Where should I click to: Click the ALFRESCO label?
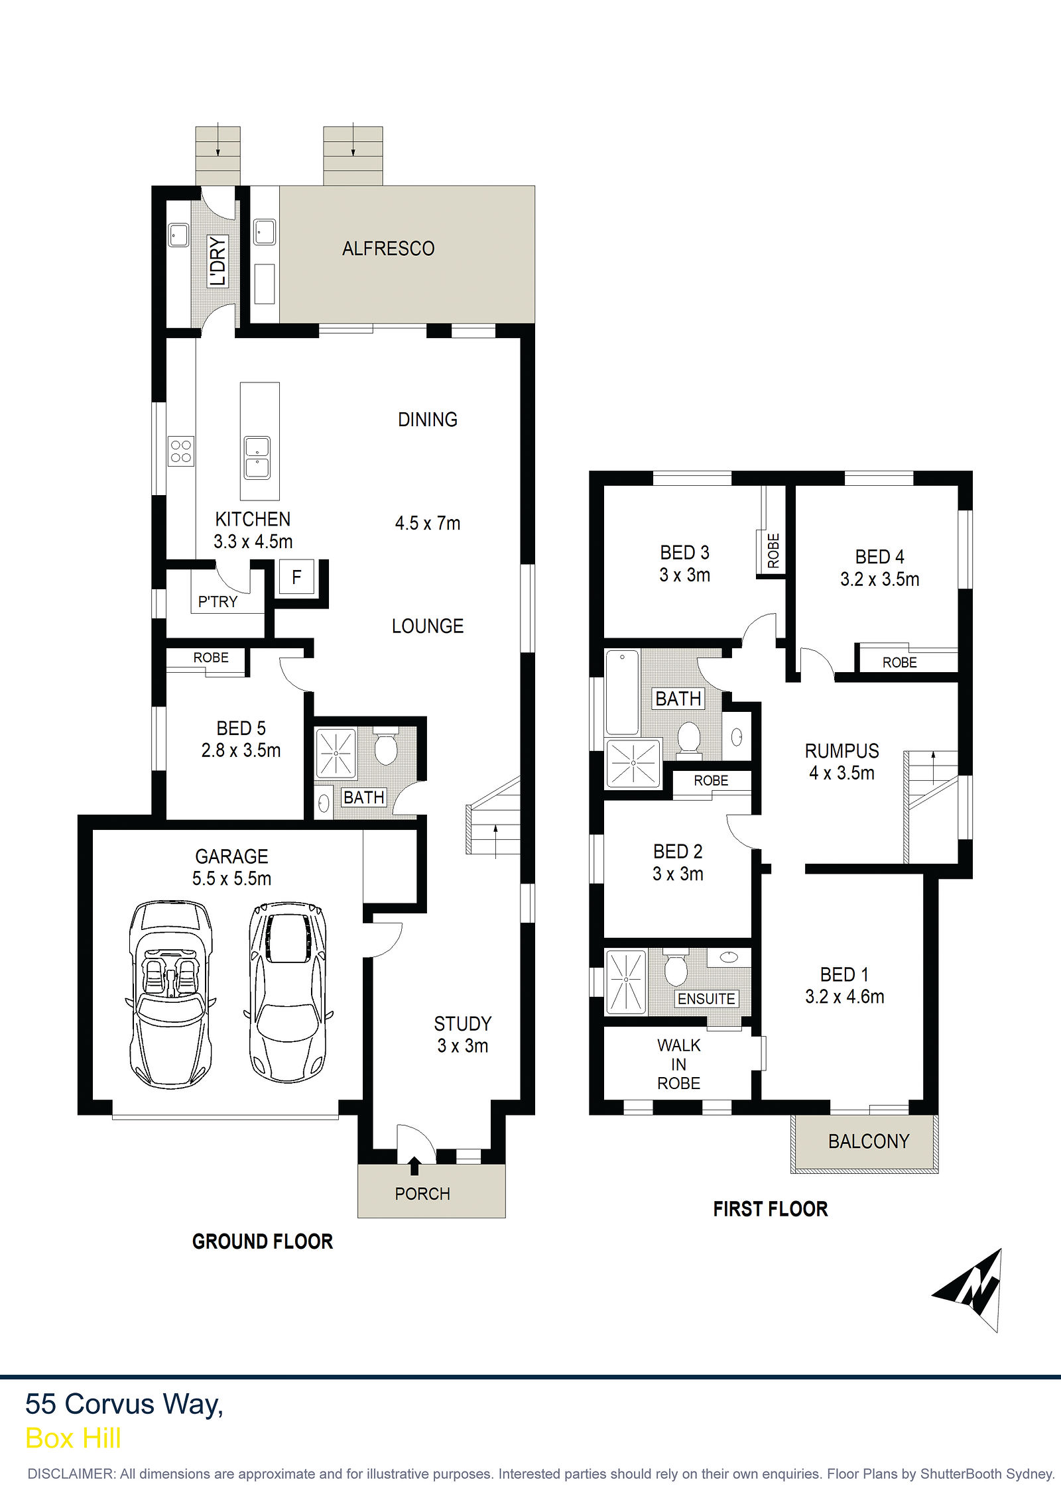pyautogui.click(x=388, y=249)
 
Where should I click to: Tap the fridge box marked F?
pyautogui.click(x=296, y=577)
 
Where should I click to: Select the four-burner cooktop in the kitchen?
pyautogui.click(x=180, y=451)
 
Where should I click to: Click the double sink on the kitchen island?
pyautogui.click(x=257, y=457)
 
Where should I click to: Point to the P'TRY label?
pyautogui.click(x=218, y=602)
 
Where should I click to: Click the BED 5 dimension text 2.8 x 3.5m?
pyautogui.click(x=241, y=750)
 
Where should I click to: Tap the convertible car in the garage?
pyautogui.click(x=171, y=994)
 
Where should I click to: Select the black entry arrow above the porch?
pyautogui.click(x=414, y=1165)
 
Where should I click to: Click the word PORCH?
pyautogui.click(x=422, y=1194)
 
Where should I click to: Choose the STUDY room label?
pyautogui.click(x=463, y=1024)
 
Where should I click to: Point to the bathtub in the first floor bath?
pyautogui.click(x=622, y=693)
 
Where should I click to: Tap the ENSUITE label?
pyautogui.click(x=706, y=999)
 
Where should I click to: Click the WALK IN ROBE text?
pyautogui.click(x=678, y=1064)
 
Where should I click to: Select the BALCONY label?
pyautogui.click(x=869, y=1141)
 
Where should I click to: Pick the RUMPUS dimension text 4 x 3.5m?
pyautogui.click(x=842, y=773)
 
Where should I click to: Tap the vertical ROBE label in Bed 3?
pyautogui.click(x=773, y=551)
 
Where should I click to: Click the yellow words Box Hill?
pyautogui.click(x=73, y=1438)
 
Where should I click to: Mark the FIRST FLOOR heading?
pyautogui.click(x=771, y=1209)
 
